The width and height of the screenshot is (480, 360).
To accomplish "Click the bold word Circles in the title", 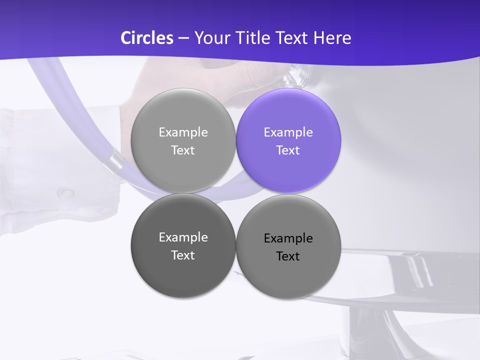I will tap(146, 38).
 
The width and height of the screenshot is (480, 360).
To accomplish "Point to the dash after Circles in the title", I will tap(183, 38).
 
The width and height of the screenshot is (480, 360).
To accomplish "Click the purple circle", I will tap(288, 140).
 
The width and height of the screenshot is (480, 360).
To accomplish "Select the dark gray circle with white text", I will tap(183, 245).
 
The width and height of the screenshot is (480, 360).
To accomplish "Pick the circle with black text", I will tap(288, 246).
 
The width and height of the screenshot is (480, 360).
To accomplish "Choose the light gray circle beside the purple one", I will tap(183, 140).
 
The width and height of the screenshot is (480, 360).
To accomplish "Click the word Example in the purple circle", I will tap(288, 132).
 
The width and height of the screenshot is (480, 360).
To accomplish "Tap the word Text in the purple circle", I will tap(288, 150).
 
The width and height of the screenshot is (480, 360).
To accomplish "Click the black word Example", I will tap(288, 238).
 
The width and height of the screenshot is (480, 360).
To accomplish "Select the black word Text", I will tap(288, 256).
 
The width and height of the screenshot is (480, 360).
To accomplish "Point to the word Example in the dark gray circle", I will tap(183, 237).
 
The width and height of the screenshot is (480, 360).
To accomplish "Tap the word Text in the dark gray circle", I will tap(183, 255).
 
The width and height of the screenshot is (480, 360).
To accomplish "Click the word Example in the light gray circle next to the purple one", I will tap(183, 132).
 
